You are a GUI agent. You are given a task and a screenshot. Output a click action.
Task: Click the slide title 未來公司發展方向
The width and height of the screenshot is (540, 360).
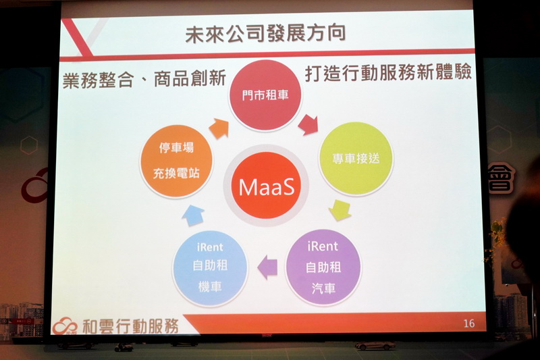point(265,34)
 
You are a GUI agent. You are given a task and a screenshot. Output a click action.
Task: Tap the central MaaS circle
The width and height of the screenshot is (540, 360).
point(265,186)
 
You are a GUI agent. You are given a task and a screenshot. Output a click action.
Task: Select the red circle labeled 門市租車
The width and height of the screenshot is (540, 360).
point(265,95)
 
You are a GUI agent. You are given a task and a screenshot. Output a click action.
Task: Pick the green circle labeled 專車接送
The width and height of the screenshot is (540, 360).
point(356,159)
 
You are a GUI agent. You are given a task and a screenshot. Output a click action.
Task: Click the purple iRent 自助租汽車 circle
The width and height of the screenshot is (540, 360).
point(323,267)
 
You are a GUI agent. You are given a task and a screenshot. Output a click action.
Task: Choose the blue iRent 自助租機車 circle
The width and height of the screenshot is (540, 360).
point(210,268)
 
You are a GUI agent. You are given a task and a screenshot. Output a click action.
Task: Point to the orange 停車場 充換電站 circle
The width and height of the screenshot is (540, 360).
point(176,161)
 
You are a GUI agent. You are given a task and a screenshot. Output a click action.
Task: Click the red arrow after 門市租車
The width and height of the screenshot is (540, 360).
point(308,125)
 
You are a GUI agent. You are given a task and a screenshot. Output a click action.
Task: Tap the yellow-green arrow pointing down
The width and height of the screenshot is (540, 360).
point(340,210)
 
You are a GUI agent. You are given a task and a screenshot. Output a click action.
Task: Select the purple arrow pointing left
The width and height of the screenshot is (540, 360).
point(267,267)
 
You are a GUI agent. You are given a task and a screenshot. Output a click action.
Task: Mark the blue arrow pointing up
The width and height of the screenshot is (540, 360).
point(193,215)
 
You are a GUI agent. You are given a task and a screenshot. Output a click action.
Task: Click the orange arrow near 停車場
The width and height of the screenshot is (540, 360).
point(219,128)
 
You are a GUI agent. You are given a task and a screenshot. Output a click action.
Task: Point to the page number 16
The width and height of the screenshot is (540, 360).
point(469,324)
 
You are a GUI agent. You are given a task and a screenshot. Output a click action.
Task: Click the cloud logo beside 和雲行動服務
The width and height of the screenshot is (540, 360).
point(65,326)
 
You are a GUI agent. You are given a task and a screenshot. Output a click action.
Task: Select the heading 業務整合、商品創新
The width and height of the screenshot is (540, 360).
point(144,79)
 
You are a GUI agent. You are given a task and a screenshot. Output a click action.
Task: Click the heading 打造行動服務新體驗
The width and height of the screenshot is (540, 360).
point(388,74)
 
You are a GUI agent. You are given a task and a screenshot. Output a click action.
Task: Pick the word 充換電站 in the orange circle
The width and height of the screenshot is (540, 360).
point(176,174)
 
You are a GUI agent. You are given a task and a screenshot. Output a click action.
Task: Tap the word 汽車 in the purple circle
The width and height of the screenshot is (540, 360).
point(323,288)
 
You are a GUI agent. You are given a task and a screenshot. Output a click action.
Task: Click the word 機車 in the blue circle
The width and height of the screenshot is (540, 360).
point(210,286)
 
